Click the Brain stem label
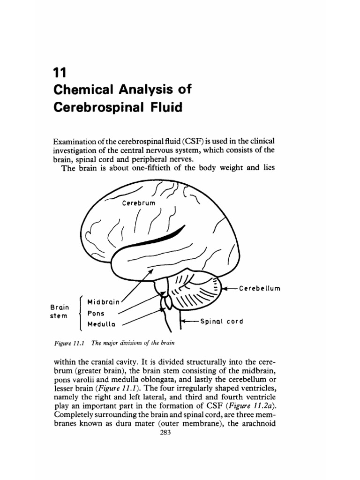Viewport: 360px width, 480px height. pyautogui.click(x=59, y=312)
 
